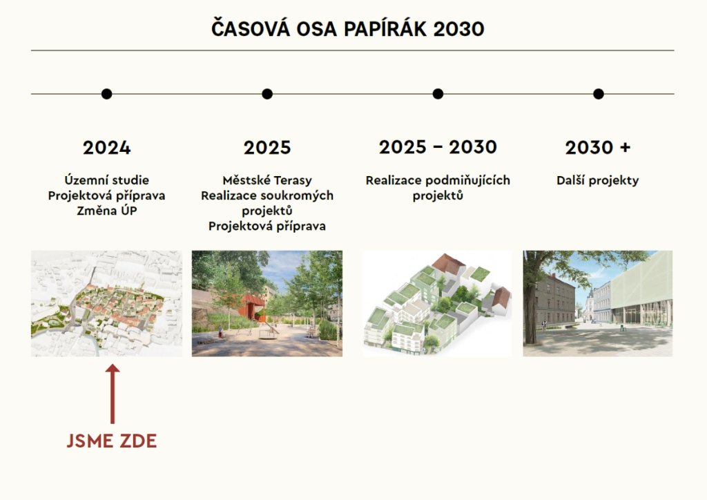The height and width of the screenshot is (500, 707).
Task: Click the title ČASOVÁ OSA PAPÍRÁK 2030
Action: tap(348, 28)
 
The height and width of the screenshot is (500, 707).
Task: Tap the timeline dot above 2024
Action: tap(106, 94)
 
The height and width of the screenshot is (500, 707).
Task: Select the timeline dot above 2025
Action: tap(267, 94)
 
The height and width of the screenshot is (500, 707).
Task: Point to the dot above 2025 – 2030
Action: tap(438, 94)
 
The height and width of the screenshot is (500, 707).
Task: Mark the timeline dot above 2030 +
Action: tap(599, 94)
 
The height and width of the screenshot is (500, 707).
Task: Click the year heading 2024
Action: tap(107, 148)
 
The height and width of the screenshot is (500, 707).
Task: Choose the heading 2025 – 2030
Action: tap(438, 147)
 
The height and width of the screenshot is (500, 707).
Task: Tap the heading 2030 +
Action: tap(598, 147)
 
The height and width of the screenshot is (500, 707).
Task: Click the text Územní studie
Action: tap(107, 180)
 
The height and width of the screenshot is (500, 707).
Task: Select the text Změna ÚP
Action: tap(107, 211)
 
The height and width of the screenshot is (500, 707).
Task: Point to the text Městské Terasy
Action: tap(267, 180)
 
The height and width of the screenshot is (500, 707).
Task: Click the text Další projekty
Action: tap(598, 180)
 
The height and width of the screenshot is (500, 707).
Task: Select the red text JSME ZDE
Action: tap(112, 441)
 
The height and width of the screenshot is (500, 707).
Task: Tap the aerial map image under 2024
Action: tap(107, 303)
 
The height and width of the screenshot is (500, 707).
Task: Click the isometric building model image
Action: tap(437, 303)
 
